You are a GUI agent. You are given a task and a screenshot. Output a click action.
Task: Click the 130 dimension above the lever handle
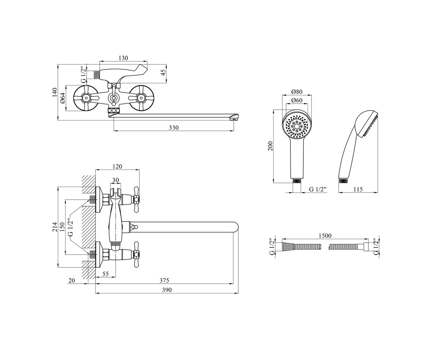[x=123, y=58]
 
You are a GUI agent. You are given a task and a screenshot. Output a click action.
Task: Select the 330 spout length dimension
[x=174, y=128]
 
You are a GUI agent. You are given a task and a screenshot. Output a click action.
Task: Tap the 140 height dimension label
[x=54, y=92]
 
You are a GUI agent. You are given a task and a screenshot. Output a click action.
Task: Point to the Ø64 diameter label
[x=63, y=98]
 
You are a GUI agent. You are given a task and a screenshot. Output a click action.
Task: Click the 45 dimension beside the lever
[x=163, y=72]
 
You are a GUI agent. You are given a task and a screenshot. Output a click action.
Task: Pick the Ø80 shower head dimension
[x=297, y=91]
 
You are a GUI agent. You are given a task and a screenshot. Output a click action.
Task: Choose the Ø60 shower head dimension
[x=297, y=100]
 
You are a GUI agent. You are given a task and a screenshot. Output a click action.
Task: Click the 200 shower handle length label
[x=270, y=146]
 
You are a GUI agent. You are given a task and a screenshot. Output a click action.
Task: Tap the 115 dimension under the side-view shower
[x=358, y=189]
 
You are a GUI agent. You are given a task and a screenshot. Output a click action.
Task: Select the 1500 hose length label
[x=325, y=236]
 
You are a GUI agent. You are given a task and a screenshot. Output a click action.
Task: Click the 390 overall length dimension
[x=167, y=290]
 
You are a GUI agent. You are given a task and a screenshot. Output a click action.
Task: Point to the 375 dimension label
[x=164, y=280]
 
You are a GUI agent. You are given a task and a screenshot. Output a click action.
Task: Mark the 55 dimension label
[x=105, y=274]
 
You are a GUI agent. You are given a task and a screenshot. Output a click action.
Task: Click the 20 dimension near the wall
[x=72, y=280]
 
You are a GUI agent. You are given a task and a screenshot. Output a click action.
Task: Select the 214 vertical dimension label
[x=54, y=227]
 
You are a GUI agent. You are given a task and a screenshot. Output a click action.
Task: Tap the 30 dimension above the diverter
[x=116, y=180]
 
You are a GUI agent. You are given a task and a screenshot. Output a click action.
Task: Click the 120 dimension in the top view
[x=117, y=166]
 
